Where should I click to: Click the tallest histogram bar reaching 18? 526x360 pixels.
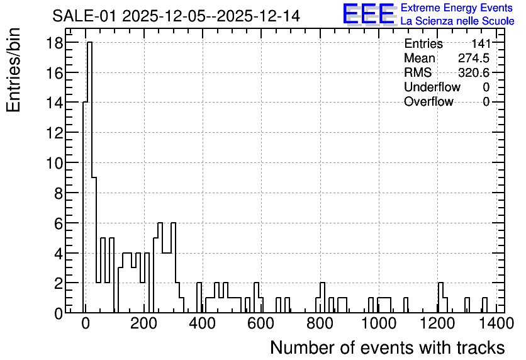(89, 177)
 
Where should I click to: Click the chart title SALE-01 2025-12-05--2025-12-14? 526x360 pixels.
(176, 16)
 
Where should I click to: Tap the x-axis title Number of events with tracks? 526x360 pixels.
(388, 348)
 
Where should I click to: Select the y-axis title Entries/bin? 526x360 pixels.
(14, 70)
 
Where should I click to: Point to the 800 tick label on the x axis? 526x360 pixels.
(320, 323)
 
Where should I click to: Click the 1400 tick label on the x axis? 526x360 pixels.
(495, 323)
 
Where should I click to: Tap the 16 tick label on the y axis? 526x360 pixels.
(54, 74)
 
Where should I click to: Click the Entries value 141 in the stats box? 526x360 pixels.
(481, 43)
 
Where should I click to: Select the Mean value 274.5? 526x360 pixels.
(474, 58)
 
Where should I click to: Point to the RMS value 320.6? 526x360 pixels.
(474, 72)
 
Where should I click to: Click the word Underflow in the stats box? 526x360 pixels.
(432, 87)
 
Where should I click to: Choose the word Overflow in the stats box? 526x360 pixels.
(428, 101)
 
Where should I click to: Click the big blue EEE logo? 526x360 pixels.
(369, 14)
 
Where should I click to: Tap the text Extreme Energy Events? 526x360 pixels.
(457, 8)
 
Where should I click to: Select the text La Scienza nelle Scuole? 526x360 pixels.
(457, 21)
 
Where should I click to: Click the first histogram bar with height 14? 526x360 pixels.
(85, 207)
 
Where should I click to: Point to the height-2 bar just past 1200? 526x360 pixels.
(441, 298)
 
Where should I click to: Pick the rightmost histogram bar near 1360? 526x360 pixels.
(484, 305)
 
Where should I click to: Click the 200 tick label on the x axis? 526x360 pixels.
(144, 323)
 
